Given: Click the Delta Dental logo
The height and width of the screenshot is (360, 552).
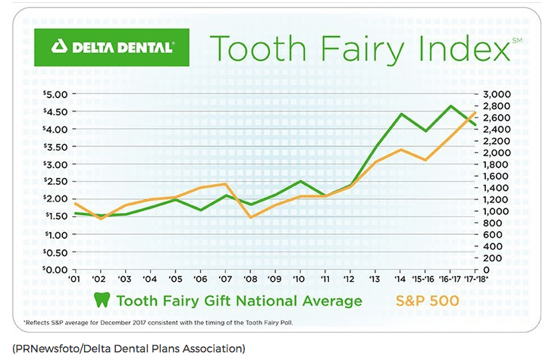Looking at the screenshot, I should tap(114, 47).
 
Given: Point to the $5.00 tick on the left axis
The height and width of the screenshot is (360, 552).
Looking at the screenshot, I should tap(54, 94).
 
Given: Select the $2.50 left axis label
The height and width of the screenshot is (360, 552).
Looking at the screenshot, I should tap(54, 182).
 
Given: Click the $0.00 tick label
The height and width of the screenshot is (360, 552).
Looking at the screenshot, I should tap(54, 269).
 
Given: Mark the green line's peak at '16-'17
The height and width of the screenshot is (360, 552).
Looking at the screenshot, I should tap(452, 106).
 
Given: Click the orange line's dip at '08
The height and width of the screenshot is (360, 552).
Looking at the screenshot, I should tap(251, 218).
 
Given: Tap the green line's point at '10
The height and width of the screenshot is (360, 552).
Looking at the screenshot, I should tap(301, 181).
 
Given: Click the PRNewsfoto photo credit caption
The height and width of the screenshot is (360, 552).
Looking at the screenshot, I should tap(129, 349).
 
